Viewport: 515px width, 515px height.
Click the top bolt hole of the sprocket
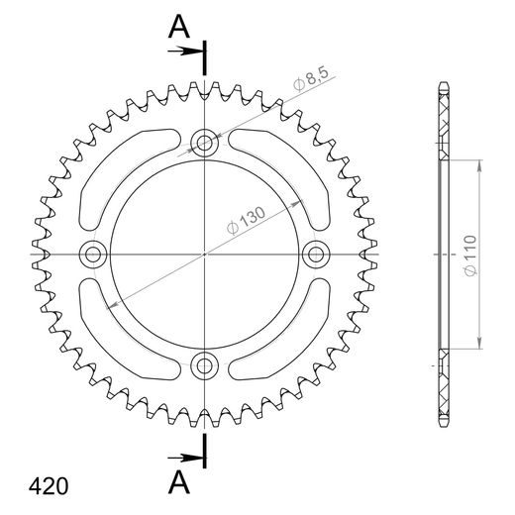pos(205,143)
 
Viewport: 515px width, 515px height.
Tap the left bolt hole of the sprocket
pos(94,255)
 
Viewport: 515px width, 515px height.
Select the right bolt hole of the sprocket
pos(317,255)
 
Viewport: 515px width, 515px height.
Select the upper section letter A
pos(178,27)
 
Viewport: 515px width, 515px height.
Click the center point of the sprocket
pos(205,255)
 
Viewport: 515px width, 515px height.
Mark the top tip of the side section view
pos(443,85)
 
